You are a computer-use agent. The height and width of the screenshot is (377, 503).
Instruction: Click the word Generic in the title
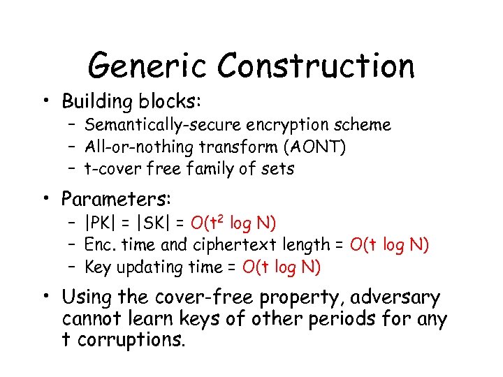coord(147,66)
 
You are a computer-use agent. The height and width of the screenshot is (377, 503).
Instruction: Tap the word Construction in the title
coord(316,66)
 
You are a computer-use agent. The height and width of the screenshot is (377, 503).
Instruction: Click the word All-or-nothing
coord(140,147)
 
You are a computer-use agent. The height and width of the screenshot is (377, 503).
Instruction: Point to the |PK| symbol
coord(99,223)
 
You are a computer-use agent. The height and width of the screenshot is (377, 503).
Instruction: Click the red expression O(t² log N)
coord(234,223)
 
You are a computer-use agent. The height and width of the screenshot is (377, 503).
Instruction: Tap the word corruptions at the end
coord(132,341)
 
